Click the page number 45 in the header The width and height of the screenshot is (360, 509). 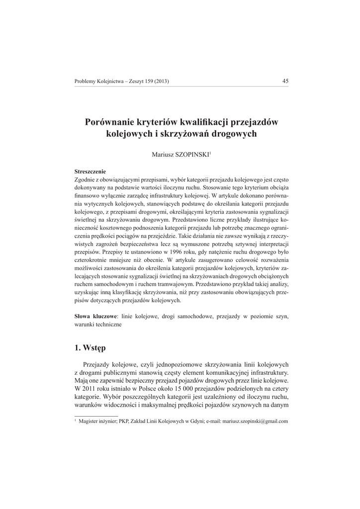point(285,82)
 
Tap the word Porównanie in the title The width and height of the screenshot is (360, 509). point(111,122)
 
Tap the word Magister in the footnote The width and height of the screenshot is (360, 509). point(90,421)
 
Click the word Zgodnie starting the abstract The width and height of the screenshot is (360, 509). point(86,179)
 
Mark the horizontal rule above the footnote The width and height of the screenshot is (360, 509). point(96,415)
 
